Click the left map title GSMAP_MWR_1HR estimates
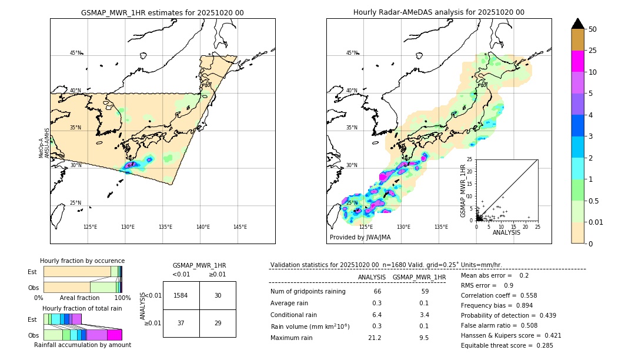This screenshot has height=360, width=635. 162,12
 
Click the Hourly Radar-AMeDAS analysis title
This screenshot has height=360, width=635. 439,12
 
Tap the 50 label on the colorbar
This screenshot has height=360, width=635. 593,29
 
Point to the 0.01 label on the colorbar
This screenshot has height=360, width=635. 596,222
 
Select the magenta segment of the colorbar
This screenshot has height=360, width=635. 577,61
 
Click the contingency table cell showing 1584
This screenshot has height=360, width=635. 181,295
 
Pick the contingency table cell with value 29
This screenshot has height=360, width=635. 218,324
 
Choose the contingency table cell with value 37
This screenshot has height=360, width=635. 181,324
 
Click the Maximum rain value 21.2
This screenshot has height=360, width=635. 374,338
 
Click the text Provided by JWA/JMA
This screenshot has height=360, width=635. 360,237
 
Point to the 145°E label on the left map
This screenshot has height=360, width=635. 240,227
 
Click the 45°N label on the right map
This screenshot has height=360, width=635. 352,53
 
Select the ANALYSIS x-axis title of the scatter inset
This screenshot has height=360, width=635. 506,232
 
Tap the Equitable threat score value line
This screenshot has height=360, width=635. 507,345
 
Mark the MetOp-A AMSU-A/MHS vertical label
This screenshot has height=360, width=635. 44,144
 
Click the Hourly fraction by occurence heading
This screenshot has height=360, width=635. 82,261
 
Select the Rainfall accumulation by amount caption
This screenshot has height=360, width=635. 82,345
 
